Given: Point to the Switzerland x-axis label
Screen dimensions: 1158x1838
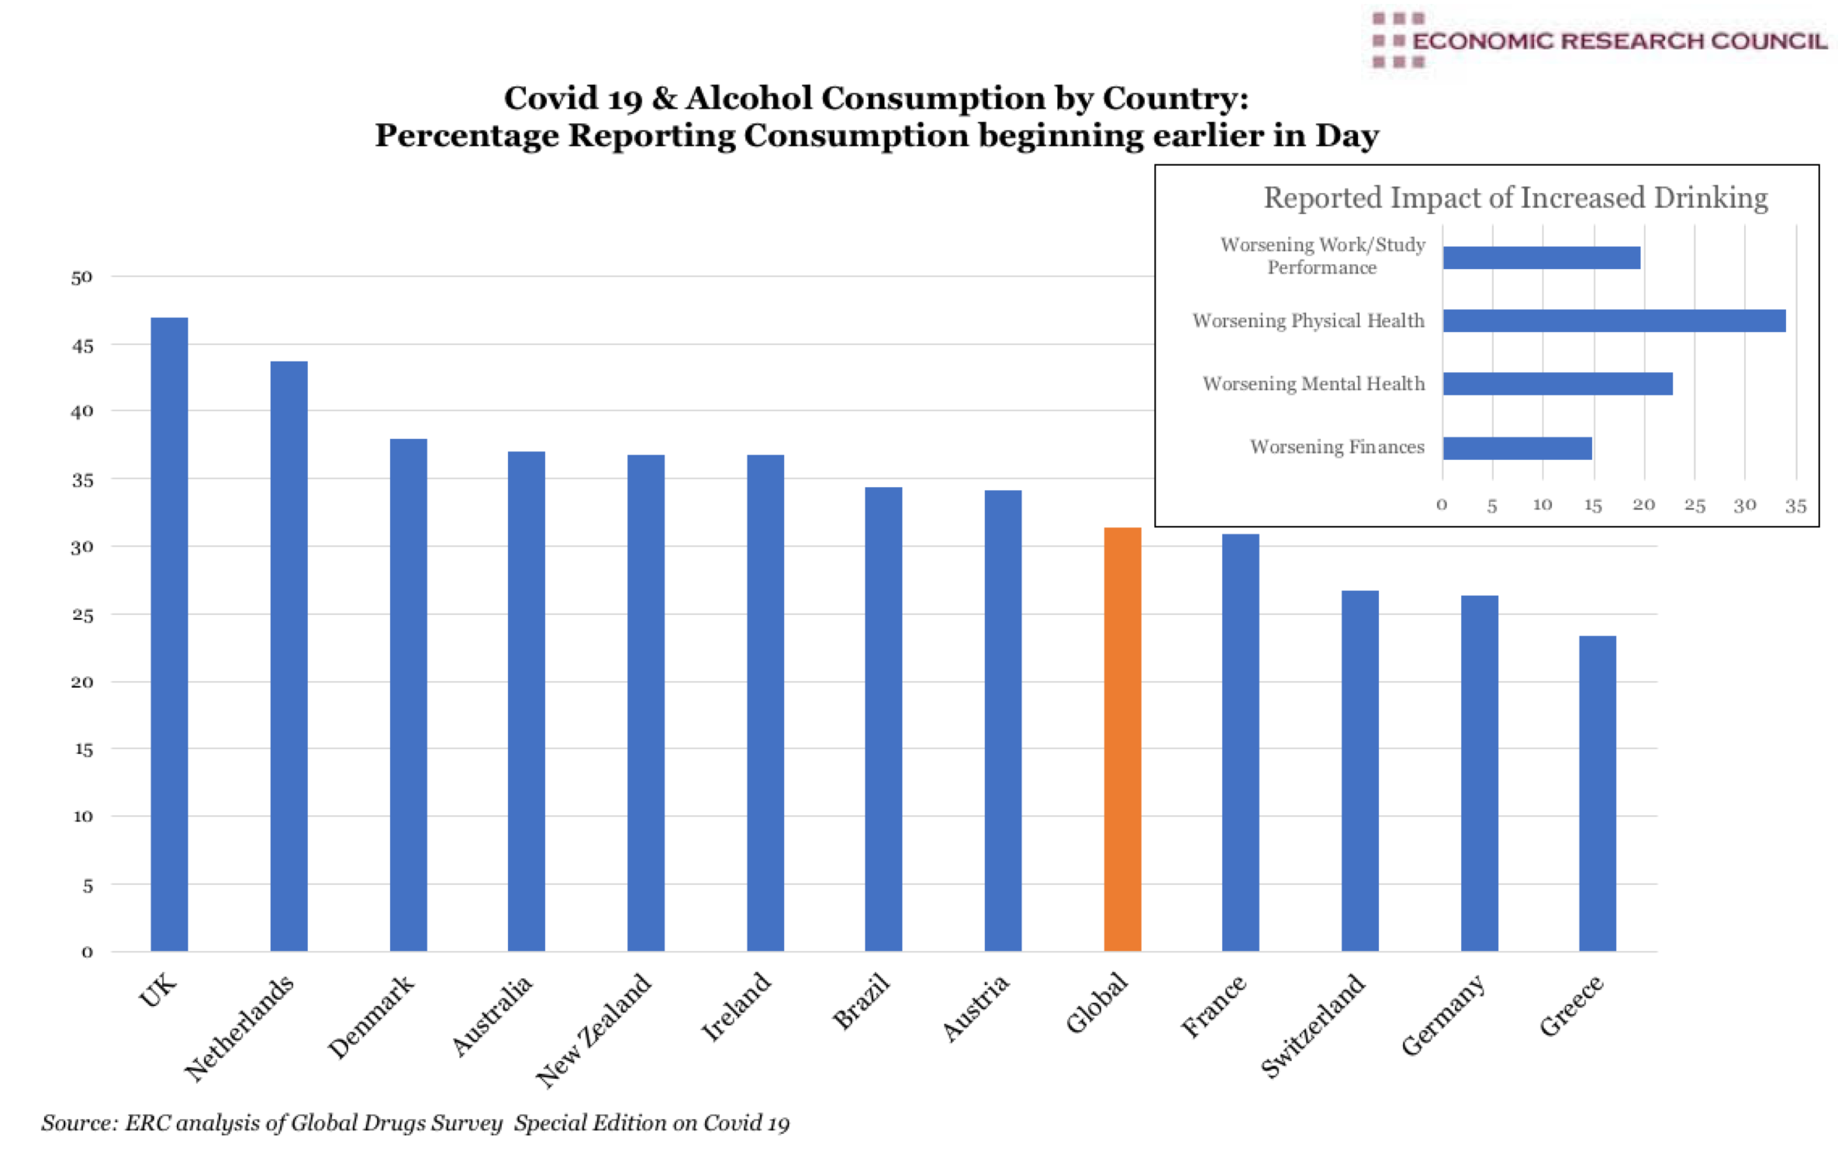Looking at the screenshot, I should (1313, 1025).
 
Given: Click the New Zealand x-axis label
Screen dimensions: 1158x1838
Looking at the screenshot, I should (595, 1029).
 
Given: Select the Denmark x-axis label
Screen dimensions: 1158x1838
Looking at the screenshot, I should (371, 1017).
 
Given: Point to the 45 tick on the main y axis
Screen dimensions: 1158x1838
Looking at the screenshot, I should (82, 346).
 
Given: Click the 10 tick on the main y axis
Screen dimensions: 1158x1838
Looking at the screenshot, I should (82, 816).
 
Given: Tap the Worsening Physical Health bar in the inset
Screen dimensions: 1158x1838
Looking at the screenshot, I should (1614, 320).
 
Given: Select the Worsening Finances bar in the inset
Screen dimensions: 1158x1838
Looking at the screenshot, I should (1517, 448).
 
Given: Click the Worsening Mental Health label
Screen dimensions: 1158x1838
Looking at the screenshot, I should (1313, 384).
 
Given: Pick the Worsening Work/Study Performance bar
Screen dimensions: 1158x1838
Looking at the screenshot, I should (1541, 258).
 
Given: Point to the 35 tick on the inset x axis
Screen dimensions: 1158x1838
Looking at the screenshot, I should (1795, 506).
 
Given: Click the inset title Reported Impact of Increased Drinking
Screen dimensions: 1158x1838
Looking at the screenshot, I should (1515, 198).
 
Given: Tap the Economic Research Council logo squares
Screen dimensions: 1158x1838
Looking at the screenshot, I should (1397, 40).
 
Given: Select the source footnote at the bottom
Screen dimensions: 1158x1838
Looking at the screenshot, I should (415, 1122).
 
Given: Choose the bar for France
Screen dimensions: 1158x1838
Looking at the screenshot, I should (1240, 742).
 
